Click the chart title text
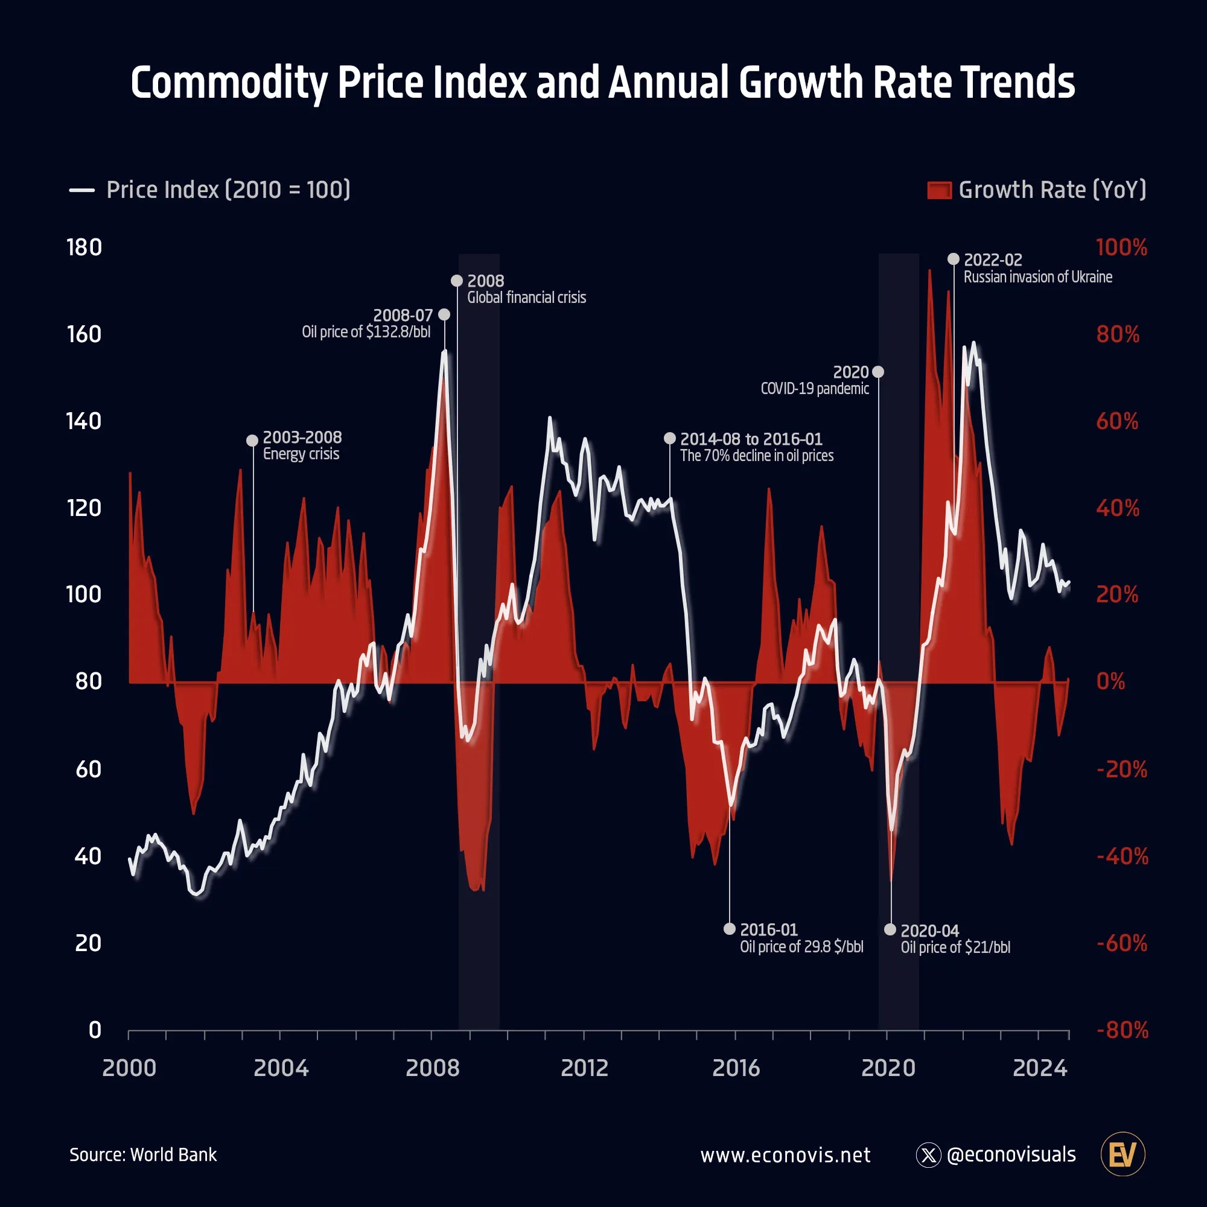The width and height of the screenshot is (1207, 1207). pyautogui.click(x=603, y=83)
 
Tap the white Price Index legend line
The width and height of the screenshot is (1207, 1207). pyautogui.click(x=82, y=190)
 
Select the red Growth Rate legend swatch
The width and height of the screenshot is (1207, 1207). pyautogui.click(x=939, y=190)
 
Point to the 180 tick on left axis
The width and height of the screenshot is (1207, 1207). pyautogui.click(x=84, y=247)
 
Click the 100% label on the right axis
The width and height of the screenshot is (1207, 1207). pyautogui.click(x=1121, y=247)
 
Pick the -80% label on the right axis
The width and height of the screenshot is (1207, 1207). pyautogui.click(x=1123, y=1030)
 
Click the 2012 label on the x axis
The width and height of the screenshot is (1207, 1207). pyautogui.click(x=584, y=1068)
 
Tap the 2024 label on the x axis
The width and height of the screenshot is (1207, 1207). pyautogui.click(x=1040, y=1068)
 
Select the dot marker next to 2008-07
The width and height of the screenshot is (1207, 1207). pyautogui.click(x=444, y=314)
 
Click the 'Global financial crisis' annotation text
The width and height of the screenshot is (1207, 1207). pyautogui.click(x=527, y=298)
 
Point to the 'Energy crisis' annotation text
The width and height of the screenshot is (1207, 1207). pyautogui.click(x=301, y=454)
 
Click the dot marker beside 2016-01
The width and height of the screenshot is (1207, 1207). pyautogui.click(x=729, y=929)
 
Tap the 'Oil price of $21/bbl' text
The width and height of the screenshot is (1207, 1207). pyautogui.click(x=955, y=947)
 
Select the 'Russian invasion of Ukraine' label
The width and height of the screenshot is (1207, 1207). pyautogui.click(x=1037, y=277)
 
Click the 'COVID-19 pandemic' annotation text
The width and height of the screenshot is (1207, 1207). pyautogui.click(x=815, y=389)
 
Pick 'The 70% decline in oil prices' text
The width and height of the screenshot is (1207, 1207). pyautogui.click(x=757, y=456)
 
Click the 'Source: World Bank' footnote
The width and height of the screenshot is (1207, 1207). pyautogui.click(x=143, y=1154)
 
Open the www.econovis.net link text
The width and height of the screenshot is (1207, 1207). pyautogui.click(x=785, y=1155)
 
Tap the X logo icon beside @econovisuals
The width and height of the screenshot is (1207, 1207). pyautogui.click(x=928, y=1155)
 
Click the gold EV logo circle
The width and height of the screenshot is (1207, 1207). pyautogui.click(x=1123, y=1154)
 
